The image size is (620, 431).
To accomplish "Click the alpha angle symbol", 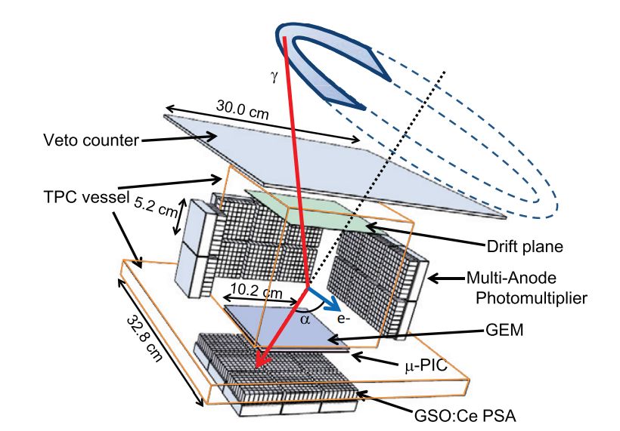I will pos(305,319).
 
